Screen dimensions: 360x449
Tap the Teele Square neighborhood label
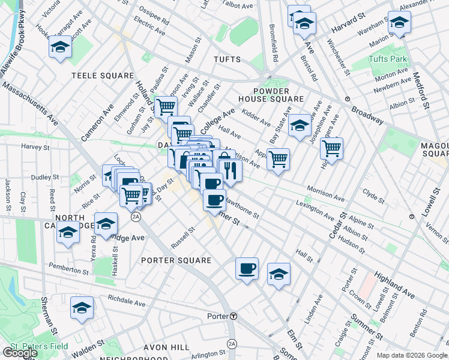click(x=103, y=76)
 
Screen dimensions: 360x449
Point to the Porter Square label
click(x=176, y=260)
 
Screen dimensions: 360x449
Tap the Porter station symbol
click(x=234, y=316)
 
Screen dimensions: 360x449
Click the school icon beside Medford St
click(x=399, y=24)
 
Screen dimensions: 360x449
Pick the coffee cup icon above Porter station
click(x=246, y=269)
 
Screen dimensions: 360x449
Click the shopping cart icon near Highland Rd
click(x=331, y=148)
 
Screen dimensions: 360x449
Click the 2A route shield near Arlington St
click(x=232, y=344)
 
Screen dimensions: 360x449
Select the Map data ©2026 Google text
click(x=411, y=355)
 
